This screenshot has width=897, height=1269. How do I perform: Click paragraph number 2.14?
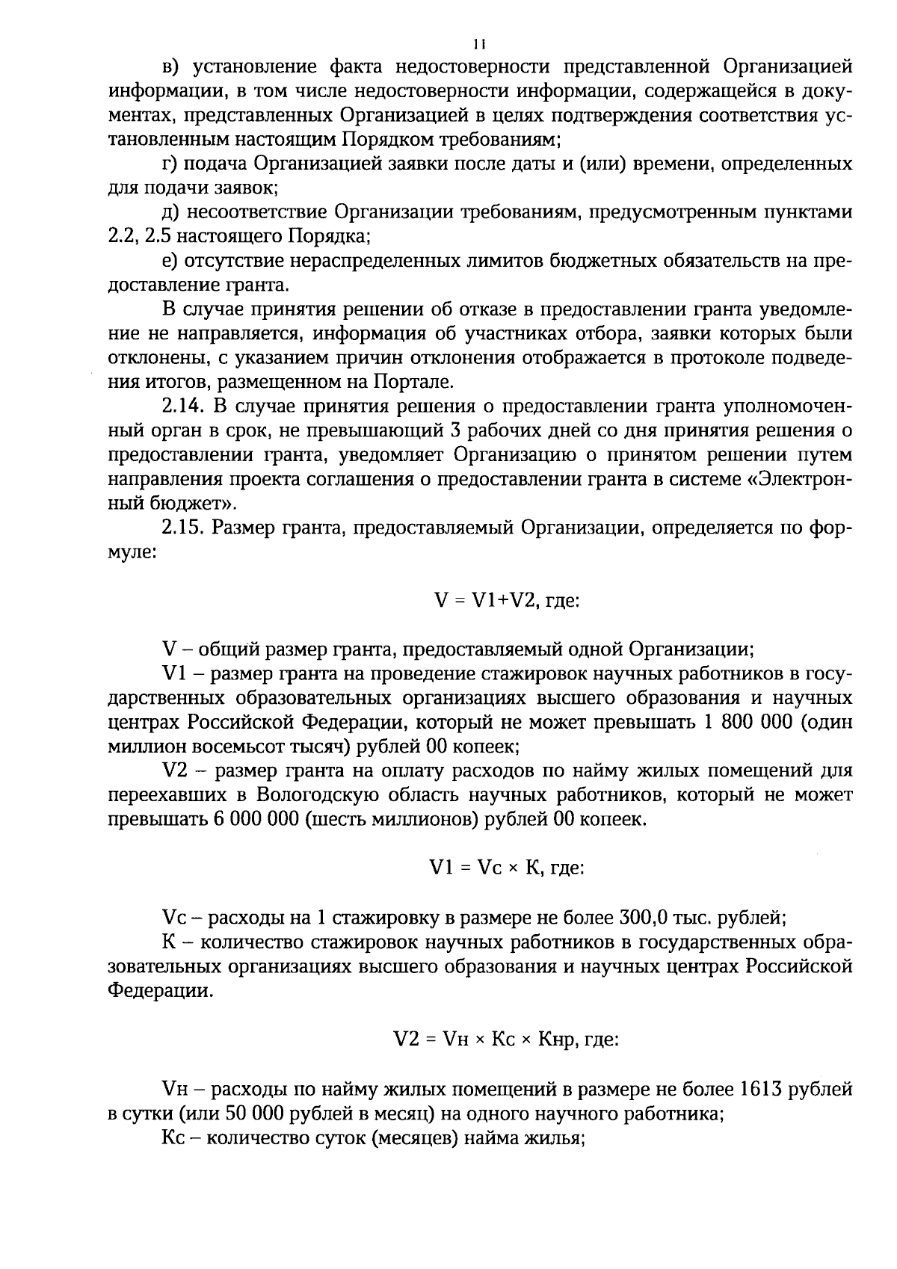pyautogui.click(x=182, y=407)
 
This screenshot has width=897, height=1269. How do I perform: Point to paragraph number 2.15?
pyautogui.click(x=182, y=528)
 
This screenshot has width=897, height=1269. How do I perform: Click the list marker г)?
pyautogui.click(x=170, y=164)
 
